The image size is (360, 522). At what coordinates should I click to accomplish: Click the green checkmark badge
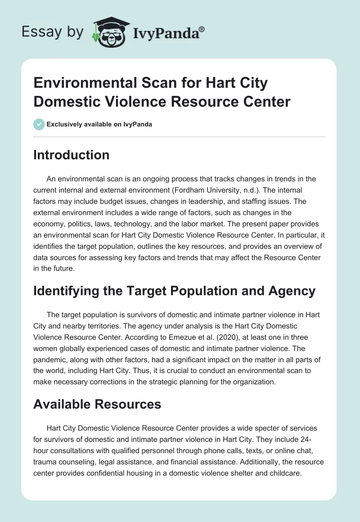[39, 124]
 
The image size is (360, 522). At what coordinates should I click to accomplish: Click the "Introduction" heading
[72, 155]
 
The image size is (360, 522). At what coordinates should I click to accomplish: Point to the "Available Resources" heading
[97, 404]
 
